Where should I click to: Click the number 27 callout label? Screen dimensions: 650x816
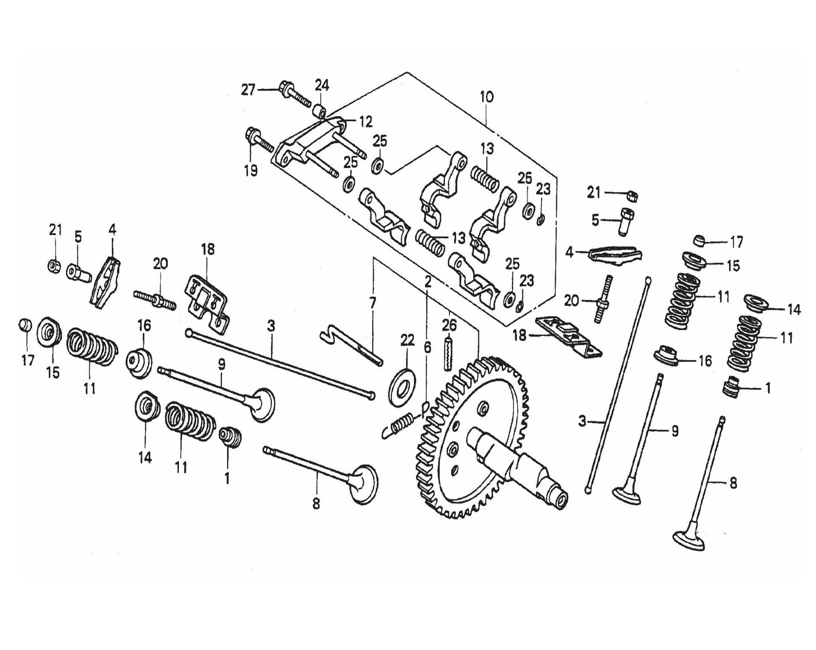[x=248, y=90]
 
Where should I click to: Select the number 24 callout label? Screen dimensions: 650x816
[x=322, y=86]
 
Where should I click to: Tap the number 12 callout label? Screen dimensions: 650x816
[x=365, y=121]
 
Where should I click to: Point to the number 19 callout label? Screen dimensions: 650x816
[x=251, y=170]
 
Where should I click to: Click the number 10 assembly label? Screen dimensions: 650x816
[x=486, y=97]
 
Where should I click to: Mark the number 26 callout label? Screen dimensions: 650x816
[x=449, y=326]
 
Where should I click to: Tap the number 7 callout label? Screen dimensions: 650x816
[x=373, y=304]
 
